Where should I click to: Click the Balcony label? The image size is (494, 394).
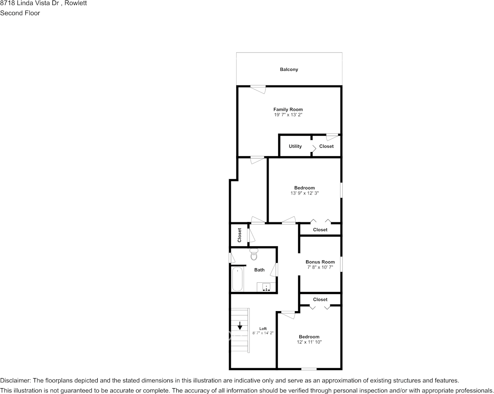pos(289,70)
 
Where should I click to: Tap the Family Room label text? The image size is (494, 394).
pos(288,110)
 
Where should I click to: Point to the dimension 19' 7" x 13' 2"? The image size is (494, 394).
pos(288,115)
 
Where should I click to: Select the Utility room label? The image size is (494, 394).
pos(295,146)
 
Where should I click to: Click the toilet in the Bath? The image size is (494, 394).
pos(254,254)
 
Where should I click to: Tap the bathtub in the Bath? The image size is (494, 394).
pos(237,279)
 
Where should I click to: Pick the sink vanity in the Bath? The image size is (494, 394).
pos(266,287)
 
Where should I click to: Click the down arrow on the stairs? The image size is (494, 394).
pos(240,326)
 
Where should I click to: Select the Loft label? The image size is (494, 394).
pos(263,328)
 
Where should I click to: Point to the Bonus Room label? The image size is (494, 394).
pos(320,262)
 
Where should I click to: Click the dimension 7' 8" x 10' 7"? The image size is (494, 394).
pos(320,267)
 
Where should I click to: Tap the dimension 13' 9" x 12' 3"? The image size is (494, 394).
pos(304,193)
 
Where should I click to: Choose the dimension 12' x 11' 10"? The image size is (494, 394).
pos(309,342)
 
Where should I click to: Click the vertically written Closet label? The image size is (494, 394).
pos(240,235)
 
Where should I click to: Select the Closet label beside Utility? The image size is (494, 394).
pos(326,146)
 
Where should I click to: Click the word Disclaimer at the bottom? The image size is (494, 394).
pos(15,381)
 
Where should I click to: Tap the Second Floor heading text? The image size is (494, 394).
pos(20,13)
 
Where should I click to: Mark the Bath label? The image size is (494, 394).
pos(259,270)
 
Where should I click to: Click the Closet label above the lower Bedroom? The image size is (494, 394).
pos(320,299)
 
